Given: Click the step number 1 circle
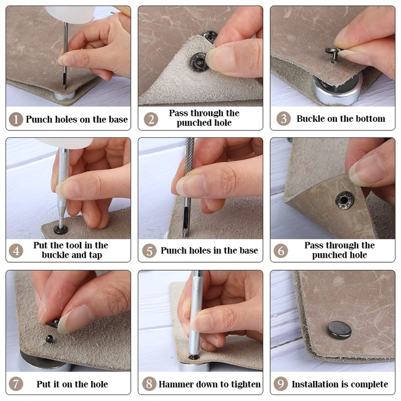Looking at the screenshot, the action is point(16,119).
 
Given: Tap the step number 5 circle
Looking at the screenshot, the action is point(149,251).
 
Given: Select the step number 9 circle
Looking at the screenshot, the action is point(281,384).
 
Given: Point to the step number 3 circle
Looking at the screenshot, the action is point(283,119).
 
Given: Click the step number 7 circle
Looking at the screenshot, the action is point(16,384).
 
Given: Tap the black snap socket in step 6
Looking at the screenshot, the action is point(345,200).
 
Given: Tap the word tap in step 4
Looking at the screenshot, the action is point(95,255).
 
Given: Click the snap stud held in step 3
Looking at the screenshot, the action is point(332,53).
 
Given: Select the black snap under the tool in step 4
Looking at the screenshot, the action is point(61,230).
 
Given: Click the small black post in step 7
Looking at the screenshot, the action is point(49,339).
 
